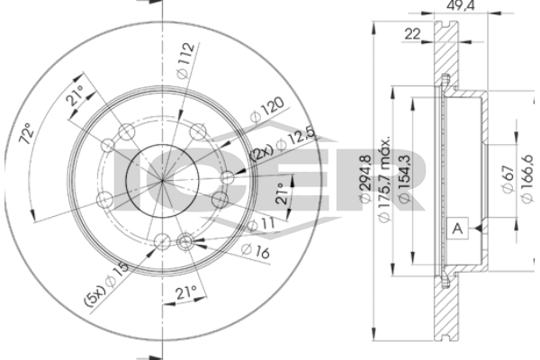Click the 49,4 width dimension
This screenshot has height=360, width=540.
pos(460,5)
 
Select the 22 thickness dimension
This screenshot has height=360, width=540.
pos(412,34)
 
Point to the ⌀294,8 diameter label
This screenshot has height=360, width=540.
pos(364,178)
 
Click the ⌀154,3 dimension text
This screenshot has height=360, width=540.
pos(404,178)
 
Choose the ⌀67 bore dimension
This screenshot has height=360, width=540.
pos(508,179)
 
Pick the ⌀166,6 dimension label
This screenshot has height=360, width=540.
pos(526,179)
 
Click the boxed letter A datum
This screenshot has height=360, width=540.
pos(457,228)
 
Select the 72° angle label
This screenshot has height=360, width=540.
pos(27,133)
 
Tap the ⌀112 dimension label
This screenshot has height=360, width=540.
pos(185,60)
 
